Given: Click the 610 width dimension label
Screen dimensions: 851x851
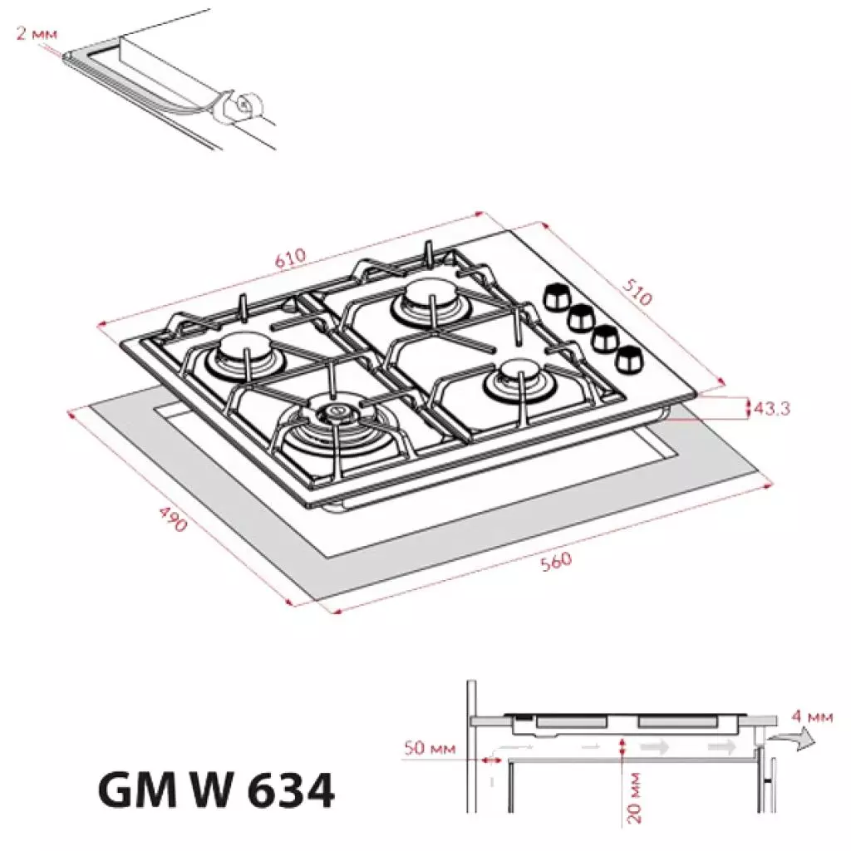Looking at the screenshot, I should click(291, 258).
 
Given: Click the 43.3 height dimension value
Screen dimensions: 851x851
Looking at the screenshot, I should click(773, 408).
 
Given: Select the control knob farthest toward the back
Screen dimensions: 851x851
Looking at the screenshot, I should click(555, 295).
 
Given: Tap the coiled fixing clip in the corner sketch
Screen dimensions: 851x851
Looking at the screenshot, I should click(243, 106).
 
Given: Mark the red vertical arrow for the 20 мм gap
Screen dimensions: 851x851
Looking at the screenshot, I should click(623, 746).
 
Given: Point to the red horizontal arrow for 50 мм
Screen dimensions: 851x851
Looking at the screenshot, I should click(486, 758).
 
